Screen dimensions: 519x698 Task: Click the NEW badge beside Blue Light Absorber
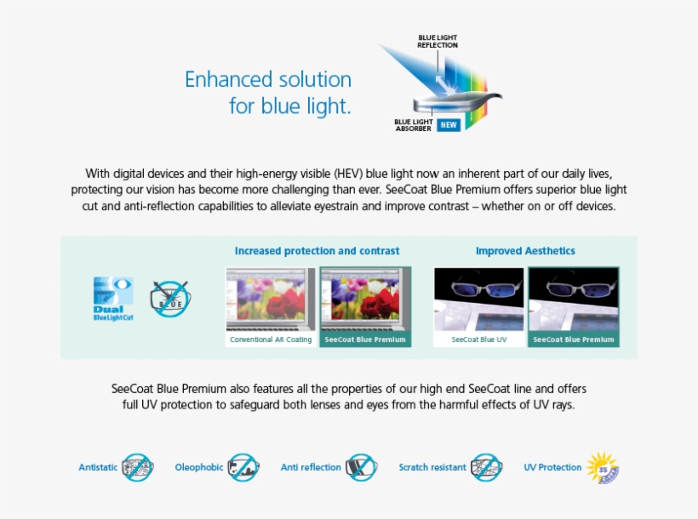[x=449, y=125]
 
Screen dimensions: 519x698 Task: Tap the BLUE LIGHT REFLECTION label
[x=438, y=41]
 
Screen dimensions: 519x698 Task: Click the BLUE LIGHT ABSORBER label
[x=414, y=125]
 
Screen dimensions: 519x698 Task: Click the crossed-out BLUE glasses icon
[x=169, y=299]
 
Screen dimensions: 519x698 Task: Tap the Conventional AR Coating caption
[x=271, y=339]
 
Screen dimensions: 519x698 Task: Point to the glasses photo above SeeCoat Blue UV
[x=478, y=299]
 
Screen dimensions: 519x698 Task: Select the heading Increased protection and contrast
[x=317, y=251]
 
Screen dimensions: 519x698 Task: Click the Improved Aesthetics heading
[x=525, y=251]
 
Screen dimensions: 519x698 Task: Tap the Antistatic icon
[x=137, y=467]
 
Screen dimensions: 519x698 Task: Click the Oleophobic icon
[x=243, y=467]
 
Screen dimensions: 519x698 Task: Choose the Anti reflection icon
[x=361, y=467]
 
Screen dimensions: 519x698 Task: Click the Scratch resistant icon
[x=486, y=467]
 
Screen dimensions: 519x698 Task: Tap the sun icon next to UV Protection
[x=603, y=467]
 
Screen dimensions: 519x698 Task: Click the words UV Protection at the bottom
[x=552, y=467]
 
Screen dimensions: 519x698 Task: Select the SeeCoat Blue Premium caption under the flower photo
[x=364, y=339]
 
